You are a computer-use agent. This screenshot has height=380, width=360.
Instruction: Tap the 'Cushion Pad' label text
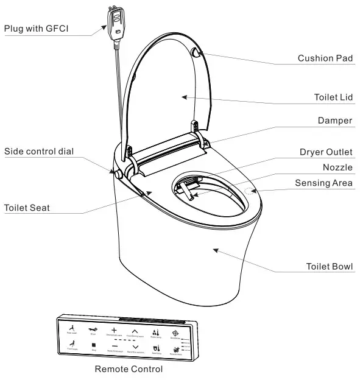click(x=325, y=58)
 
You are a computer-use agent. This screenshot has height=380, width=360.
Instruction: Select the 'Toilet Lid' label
click(x=333, y=97)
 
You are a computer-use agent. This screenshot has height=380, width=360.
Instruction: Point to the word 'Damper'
click(x=335, y=121)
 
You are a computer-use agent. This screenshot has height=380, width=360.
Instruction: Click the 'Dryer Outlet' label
click(x=326, y=152)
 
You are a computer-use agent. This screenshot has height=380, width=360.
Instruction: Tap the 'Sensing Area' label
click(x=324, y=183)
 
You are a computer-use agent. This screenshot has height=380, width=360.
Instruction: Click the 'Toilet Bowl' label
click(x=330, y=267)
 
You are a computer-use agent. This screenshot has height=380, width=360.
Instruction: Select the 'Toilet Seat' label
click(x=27, y=208)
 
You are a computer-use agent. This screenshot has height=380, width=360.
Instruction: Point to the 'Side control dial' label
click(x=40, y=151)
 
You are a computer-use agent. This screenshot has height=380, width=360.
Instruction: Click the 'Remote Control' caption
click(x=129, y=369)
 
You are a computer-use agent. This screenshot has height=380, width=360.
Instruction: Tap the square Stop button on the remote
click(x=94, y=345)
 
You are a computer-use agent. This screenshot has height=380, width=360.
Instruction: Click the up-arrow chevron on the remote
click(x=135, y=330)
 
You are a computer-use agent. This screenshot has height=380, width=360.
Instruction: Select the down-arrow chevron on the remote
click(x=135, y=346)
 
